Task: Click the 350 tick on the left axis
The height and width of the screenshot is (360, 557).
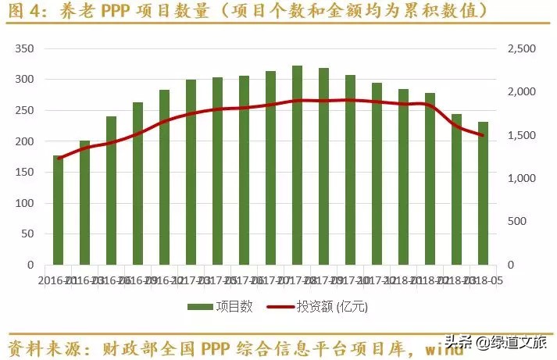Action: tap(26, 48)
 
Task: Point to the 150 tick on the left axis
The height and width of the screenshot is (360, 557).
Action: tap(26, 173)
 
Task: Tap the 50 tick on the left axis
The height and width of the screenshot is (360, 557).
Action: tap(29, 234)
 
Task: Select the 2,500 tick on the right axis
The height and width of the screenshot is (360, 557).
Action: tap(520, 48)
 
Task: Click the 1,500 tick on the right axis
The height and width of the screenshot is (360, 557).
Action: tap(520, 135)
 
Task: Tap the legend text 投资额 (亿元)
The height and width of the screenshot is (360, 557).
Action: tap(332, 307)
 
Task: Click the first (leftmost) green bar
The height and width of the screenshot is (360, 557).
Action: tap(59, 210)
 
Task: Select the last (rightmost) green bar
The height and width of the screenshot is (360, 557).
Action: tap(483, 194)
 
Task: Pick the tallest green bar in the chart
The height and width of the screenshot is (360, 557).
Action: tap(297, 166)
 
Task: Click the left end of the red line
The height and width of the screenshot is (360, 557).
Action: tap(59, 159)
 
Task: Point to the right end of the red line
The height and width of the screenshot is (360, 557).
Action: tap(483, 135)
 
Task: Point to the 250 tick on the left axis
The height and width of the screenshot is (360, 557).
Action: tap(26, 110)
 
